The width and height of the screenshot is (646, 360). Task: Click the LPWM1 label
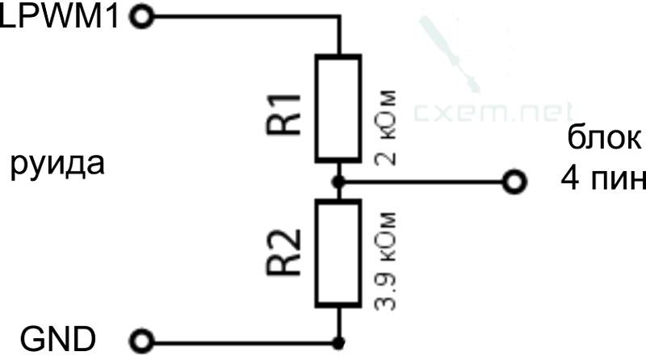tap(60, 17)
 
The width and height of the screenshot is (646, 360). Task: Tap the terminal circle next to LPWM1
tap(142, 17)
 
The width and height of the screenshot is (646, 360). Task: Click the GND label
tap(58, 340)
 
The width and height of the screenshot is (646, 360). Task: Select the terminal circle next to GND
tap(142, 341)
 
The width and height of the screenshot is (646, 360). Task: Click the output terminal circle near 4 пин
tap(515, 182)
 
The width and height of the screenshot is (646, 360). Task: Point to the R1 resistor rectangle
tap(338, 108)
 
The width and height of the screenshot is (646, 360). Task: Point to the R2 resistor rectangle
tap(338, 253)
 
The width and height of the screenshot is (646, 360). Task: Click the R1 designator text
tap(283, 114)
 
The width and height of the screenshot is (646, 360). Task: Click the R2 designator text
tap(283, 252)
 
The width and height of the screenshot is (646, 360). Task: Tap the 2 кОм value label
tap(386, 128)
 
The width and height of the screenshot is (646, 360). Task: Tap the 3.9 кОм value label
tap(386, 262)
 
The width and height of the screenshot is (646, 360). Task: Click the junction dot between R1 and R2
tap(338, 182)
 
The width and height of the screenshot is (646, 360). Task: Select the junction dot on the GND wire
tap(338, 342)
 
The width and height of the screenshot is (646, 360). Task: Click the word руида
tap(57, 165)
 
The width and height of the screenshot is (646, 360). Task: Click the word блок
tap(604, 137)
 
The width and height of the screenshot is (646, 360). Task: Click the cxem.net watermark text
tap(493, 112)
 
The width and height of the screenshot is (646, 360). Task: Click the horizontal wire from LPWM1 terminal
tap(247, 17)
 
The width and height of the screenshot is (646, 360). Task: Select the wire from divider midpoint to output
tap(423, 182)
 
